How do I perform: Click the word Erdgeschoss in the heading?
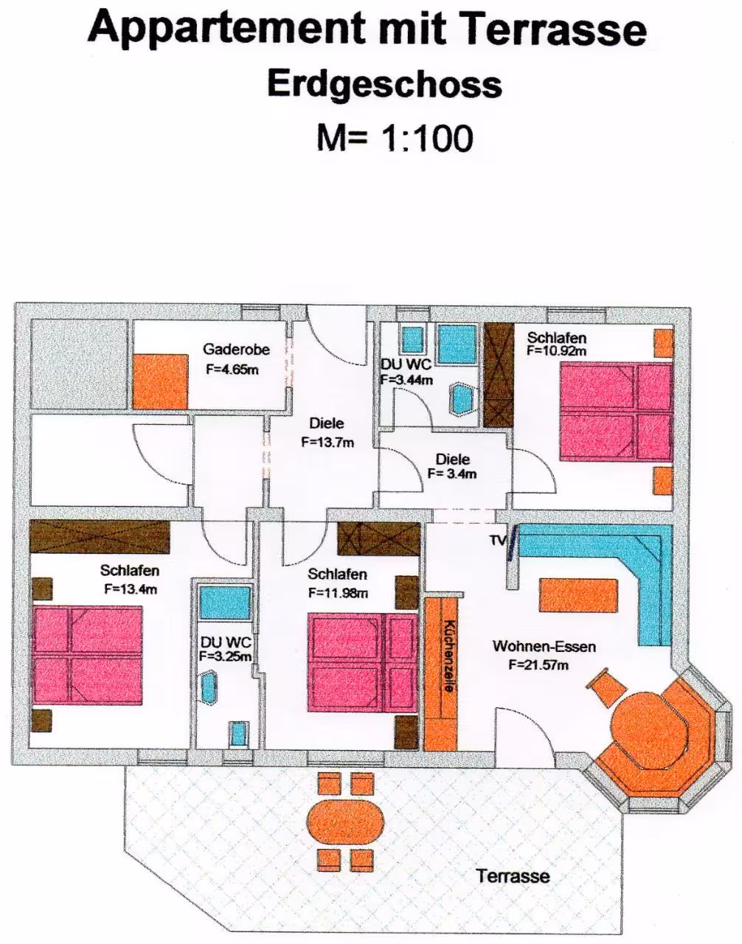click(385, 86)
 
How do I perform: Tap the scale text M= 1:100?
click(395, 138)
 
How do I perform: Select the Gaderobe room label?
click(236, 349)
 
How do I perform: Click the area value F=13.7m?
click(327, 442)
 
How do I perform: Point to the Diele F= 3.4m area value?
click(452, 473)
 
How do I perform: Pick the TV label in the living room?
click(498, 540)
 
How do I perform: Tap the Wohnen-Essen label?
click(544, 646)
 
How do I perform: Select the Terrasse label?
click(513, 875)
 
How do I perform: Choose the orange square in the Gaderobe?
click(160, 381)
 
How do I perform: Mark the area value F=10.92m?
click(556, 350)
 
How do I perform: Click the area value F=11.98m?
click(339, 592)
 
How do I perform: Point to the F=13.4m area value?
click(131, 589)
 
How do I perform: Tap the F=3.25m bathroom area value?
click(226, 656)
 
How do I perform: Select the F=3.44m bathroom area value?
click(407, 380)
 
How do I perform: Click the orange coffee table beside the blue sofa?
click(578, 595)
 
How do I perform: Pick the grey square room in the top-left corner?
click(79, 364)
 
